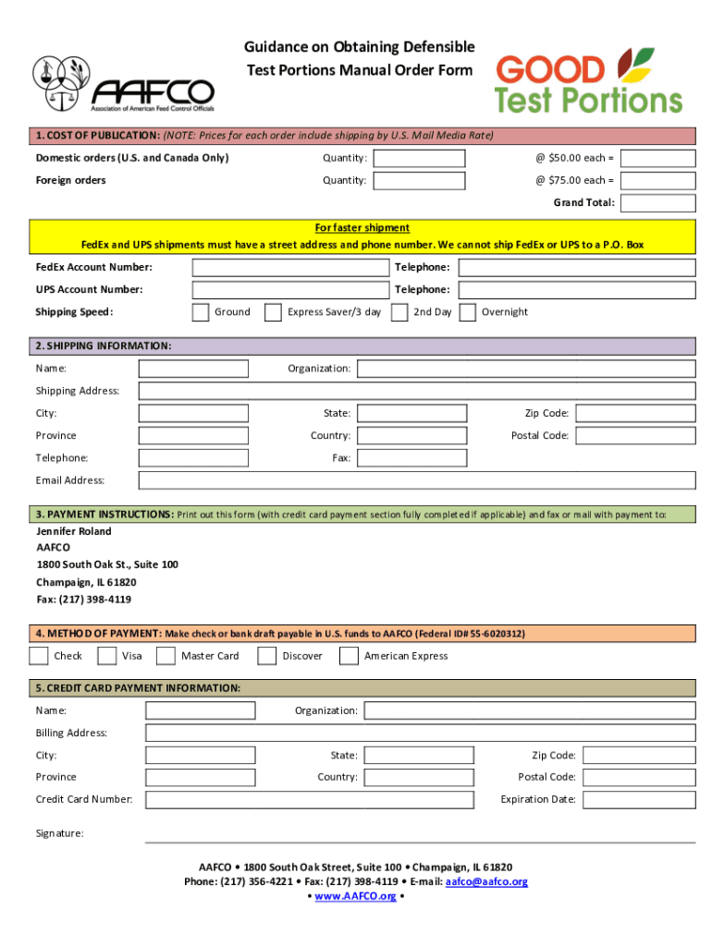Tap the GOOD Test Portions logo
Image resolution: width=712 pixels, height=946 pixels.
pyautogui.click(x=588, y=81)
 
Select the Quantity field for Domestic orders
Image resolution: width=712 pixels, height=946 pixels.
pyautogui.click(x=419, y=158)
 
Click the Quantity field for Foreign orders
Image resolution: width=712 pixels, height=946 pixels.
pyautogui.click(x=419, y=180)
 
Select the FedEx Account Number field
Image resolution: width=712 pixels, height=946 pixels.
pyautogui.click(x=290, y=268)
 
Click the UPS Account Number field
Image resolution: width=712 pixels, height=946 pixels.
pyautogui.click(x=290, y=290)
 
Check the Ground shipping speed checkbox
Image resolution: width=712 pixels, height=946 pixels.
pyautogui.click(x=201, y=312)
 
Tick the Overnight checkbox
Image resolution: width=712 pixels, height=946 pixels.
pyautogui.click(x=468, y=312)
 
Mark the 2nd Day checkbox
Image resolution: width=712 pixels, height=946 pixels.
pyautogui.click(x=399, y=312)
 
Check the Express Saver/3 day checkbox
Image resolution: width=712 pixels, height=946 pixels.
pyautogui.click(x=273, y=312)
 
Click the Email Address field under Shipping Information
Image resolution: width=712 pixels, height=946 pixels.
pyautogui.click(x=416, y=480)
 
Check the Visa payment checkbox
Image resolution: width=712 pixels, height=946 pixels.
pyautogui.click(x=107, y=656)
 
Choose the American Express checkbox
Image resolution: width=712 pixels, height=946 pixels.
pyautogui.click(x=349, y=656)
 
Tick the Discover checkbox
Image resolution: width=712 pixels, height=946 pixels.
pyautogui.click(x=266, y=656)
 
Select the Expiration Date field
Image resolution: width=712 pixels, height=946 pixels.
pyautogui.click(x=639, y=800)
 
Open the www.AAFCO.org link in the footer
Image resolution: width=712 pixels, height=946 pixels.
pyautogui.click(x=356, y=897)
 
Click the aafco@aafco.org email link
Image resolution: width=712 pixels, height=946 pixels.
pyautogui.click(x=486, y=882)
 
